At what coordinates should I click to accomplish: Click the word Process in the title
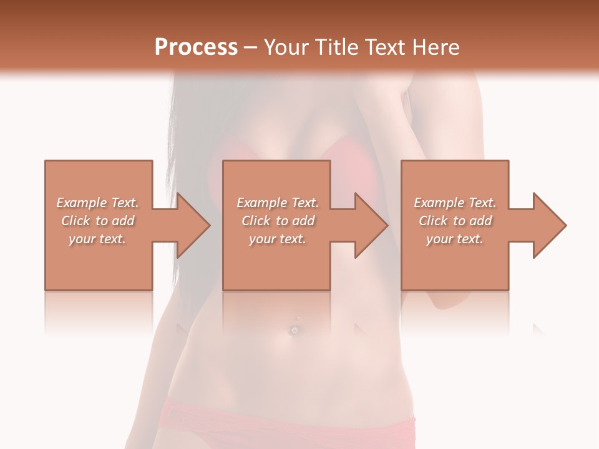point(196,47)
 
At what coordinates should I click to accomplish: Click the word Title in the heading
point(334,47)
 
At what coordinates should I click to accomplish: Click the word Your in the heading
point(287,47)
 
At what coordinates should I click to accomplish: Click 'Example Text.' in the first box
point(98,203)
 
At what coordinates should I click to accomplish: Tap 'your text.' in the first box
point(98,239)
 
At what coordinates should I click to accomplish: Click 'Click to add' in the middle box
point(278,221)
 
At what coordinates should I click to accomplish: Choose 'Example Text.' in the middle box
point(278,203)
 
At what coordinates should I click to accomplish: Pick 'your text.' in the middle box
point(278,239)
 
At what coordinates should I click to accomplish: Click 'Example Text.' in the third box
point(455,203)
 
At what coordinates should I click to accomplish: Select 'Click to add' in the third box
point(455,221)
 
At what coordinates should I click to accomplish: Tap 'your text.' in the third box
point(455,239)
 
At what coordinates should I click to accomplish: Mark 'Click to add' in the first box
point(98,221)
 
